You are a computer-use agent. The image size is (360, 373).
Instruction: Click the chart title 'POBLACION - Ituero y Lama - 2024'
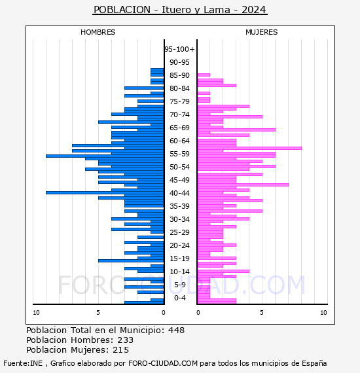pos(180,10)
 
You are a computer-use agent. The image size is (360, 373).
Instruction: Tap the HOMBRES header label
pos(98,32)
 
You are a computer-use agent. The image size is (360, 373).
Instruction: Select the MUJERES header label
pos(262,32)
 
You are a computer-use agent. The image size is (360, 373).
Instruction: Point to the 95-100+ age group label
pos(179,49)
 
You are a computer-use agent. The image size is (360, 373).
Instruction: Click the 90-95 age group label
pos(179,62)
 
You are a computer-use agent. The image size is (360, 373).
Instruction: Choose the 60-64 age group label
pos(179,141)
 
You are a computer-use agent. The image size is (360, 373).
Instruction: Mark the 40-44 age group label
pos(179,193)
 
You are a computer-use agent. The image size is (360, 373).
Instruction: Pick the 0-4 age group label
pos(180,298)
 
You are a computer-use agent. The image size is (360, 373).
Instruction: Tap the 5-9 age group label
pos(180,285)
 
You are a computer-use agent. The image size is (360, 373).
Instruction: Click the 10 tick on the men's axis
pos(36,313)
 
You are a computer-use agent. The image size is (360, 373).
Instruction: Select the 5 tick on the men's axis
pos(98,313)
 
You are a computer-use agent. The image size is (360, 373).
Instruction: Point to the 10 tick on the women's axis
pos(323,313)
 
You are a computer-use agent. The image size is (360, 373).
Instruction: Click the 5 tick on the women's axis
pos(262,313)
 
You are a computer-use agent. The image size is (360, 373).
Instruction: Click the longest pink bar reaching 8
pos(249,148)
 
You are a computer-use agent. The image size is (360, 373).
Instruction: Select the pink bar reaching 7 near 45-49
pos(243,185)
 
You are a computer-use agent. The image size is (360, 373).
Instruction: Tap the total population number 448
pos(176,330)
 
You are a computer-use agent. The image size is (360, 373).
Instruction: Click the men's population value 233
pos(126,340)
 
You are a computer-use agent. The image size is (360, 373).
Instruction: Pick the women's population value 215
pos(121,350)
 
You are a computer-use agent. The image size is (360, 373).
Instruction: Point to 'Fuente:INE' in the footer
pos(23,363)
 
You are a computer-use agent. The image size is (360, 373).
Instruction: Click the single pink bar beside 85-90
pos(204,75)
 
